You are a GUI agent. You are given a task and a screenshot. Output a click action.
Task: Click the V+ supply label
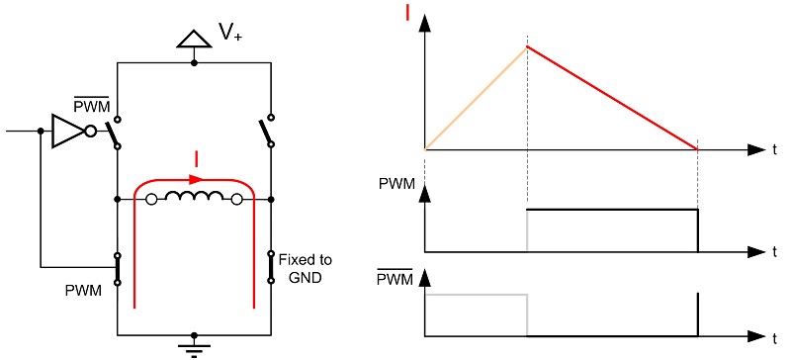(230, 33)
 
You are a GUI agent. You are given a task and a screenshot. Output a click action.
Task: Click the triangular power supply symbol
(194, 40)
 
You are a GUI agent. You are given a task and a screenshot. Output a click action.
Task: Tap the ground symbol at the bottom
(194, 346)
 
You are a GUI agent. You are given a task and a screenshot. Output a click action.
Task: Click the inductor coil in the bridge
(194, 198)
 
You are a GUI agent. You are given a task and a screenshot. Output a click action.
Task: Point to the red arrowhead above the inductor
(196, 179)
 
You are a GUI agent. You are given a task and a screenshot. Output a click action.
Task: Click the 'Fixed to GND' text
(306, 269)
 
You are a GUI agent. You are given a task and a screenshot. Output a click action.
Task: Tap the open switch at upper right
(266, 132)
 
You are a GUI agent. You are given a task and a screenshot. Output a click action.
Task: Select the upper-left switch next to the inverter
(113, 133)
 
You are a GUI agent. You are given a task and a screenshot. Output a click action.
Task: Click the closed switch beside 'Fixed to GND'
(271, 267)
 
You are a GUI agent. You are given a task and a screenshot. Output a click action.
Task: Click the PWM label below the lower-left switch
(84, 291)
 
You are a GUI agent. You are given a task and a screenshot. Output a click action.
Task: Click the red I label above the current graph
(407, 13)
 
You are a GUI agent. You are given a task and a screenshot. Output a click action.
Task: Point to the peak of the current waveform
(527, 46)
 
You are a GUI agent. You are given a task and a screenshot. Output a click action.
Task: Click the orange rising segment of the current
(477, 98)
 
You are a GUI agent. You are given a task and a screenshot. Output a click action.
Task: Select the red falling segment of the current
(612, 98)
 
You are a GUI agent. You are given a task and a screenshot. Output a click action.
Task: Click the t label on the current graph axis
(775, 150)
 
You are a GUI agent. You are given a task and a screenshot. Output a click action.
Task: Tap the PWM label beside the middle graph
(396, 184)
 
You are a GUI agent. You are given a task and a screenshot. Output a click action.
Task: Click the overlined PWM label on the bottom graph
(395, 278)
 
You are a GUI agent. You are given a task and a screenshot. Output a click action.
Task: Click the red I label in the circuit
(197, 159)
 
